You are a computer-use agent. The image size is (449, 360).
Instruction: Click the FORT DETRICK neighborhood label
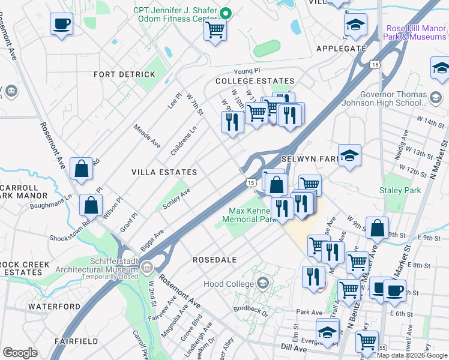124,74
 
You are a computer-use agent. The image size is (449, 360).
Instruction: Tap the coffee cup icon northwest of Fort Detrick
61,25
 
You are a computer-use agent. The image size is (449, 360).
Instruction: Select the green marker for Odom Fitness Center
226,13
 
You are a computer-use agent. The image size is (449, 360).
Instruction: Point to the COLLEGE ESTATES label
255,81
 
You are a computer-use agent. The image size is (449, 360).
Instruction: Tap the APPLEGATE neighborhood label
341,49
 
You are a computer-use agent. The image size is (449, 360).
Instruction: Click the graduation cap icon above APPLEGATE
355,25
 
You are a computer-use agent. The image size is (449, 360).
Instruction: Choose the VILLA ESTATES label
164,172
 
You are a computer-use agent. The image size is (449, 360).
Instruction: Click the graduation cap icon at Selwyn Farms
349,155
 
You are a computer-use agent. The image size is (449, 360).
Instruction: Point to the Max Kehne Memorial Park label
256,215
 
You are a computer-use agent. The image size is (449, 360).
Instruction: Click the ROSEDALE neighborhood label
214,260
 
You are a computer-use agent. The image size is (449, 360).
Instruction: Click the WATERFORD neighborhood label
54,307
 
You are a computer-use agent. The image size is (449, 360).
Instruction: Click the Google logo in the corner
20,353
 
